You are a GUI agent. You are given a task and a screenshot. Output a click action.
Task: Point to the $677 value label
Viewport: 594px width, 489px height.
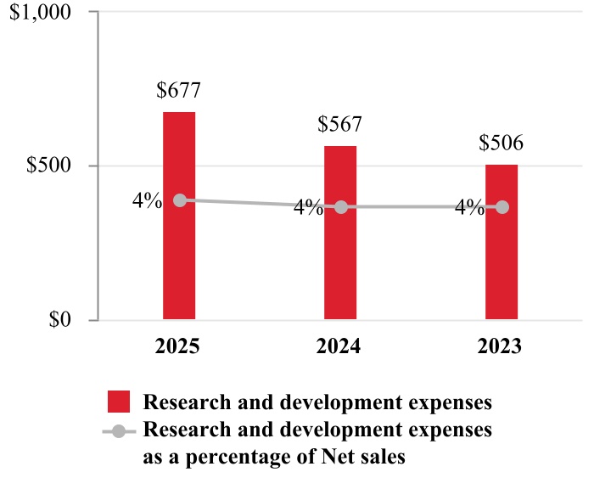(179, 89)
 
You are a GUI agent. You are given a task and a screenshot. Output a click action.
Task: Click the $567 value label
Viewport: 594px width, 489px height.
(340, 124)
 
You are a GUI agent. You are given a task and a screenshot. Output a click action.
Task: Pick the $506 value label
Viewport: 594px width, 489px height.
(502, 143)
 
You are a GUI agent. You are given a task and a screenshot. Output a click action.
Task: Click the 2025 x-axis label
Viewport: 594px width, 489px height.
(179, 347)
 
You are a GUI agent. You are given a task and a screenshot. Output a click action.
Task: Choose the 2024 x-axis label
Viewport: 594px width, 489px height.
(340, 347)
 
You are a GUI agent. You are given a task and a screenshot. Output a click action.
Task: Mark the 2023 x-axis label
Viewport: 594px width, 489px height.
(502, 347)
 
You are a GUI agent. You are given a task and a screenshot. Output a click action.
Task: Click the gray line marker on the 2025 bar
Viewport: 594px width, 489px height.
(180, 200)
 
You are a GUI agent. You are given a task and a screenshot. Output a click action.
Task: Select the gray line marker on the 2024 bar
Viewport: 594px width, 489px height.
(340, 207)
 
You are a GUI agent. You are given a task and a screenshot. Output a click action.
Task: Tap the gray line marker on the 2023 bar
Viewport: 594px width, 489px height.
(502, 207)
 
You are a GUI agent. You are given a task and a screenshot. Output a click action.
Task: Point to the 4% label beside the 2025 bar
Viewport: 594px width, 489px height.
(147, 201)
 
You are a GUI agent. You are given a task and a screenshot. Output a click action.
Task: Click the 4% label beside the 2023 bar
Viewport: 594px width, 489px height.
(469, 207)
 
